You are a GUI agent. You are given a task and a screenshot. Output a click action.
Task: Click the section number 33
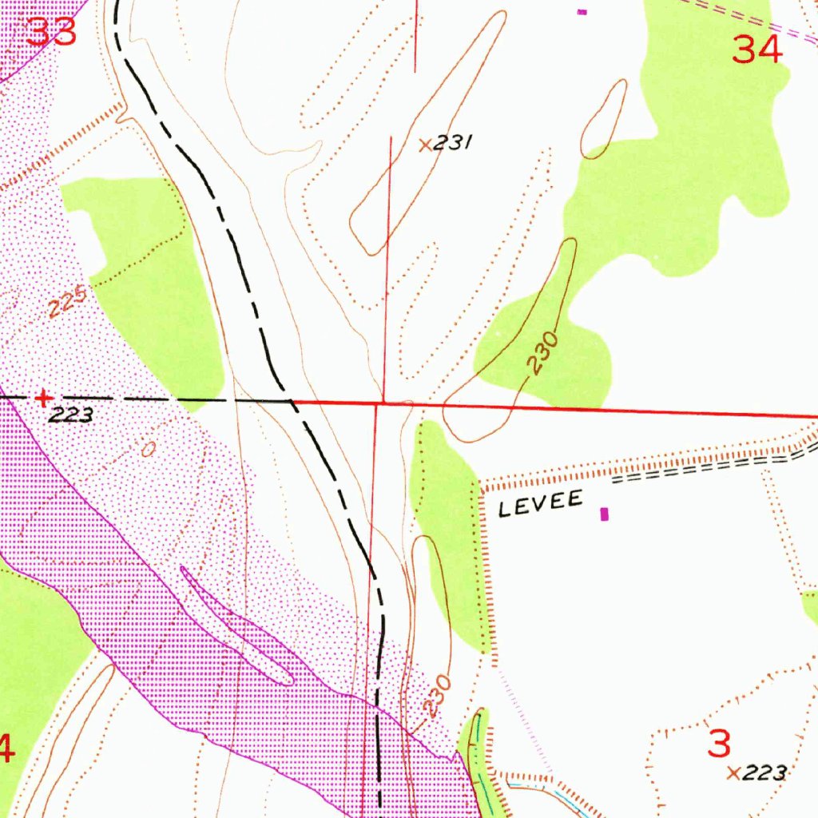click(x=52, y=32)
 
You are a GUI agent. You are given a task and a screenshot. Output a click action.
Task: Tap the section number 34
click(x=757, y=51)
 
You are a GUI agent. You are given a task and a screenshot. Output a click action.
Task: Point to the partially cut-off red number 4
click(x=6, y=749)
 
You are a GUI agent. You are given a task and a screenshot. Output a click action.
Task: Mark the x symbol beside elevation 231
click(x=425, y=145)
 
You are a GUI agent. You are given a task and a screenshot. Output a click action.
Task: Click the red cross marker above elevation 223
click(x=44, y=397)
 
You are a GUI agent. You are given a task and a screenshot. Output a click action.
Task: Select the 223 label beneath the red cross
click(x=70, y=415)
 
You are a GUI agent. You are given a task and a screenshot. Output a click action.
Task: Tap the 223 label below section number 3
click(x=764, y=772)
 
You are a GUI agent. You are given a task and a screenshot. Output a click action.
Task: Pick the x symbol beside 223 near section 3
click(x=733, y=772)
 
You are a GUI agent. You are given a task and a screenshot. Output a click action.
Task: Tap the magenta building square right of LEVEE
click(x=604, y=514)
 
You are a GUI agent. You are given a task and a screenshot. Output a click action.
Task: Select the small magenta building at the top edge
click(x=582, y=11)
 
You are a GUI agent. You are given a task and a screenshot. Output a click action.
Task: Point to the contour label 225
click(x=66, y=304)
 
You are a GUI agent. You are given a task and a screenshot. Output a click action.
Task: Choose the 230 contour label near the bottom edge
click(x=437, y=697)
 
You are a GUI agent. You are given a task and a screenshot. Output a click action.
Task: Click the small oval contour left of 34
click(x=604, y=118)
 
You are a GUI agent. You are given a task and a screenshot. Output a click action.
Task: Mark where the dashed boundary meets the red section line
click(x=290, y=399)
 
